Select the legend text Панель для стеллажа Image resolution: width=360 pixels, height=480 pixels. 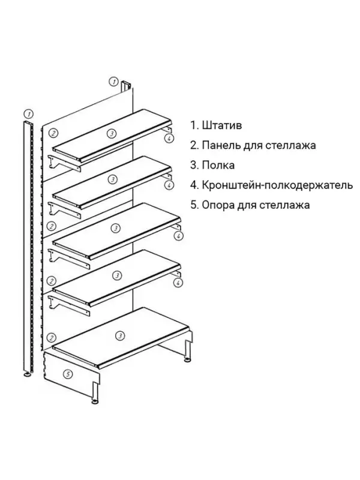tap(259, 146)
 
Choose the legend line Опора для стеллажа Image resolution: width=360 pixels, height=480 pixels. tap(256, 205)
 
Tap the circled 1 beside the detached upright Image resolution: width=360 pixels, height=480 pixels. tap(28, 113)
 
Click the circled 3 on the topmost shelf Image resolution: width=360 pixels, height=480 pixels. tap(110, 133)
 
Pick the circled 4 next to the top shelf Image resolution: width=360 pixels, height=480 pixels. tap(170, 138)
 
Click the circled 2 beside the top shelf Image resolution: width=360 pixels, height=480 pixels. tap(53, 133)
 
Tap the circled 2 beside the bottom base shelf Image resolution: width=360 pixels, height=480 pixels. tap(52, 338)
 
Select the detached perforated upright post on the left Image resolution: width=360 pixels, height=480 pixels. tap(27, 240)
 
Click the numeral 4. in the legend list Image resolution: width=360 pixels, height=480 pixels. tap(194, 185)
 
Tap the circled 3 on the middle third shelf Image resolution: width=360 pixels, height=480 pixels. tap(113, 227)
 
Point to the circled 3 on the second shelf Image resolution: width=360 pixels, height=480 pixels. tap(112, 179)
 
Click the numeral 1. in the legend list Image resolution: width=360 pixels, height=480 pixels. tap(194, 126)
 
